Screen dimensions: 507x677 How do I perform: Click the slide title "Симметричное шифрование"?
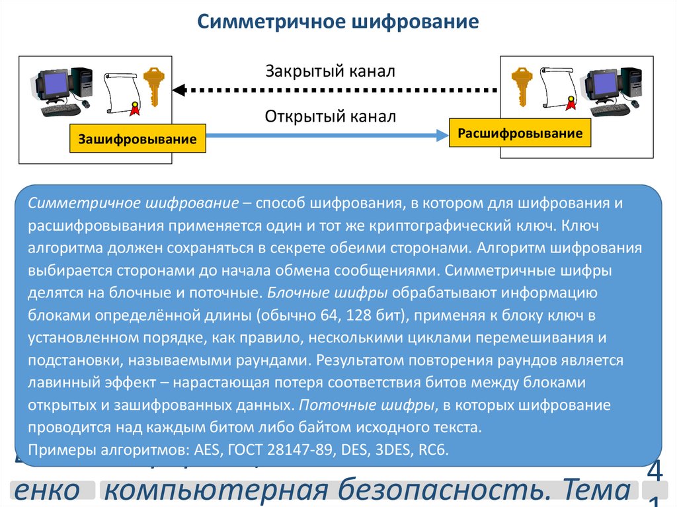338,22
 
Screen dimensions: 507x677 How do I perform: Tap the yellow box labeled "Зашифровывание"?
138,139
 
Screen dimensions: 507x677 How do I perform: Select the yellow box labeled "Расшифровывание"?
520,134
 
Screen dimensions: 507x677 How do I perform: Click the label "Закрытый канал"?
330,71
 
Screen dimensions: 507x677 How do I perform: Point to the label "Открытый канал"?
330,117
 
